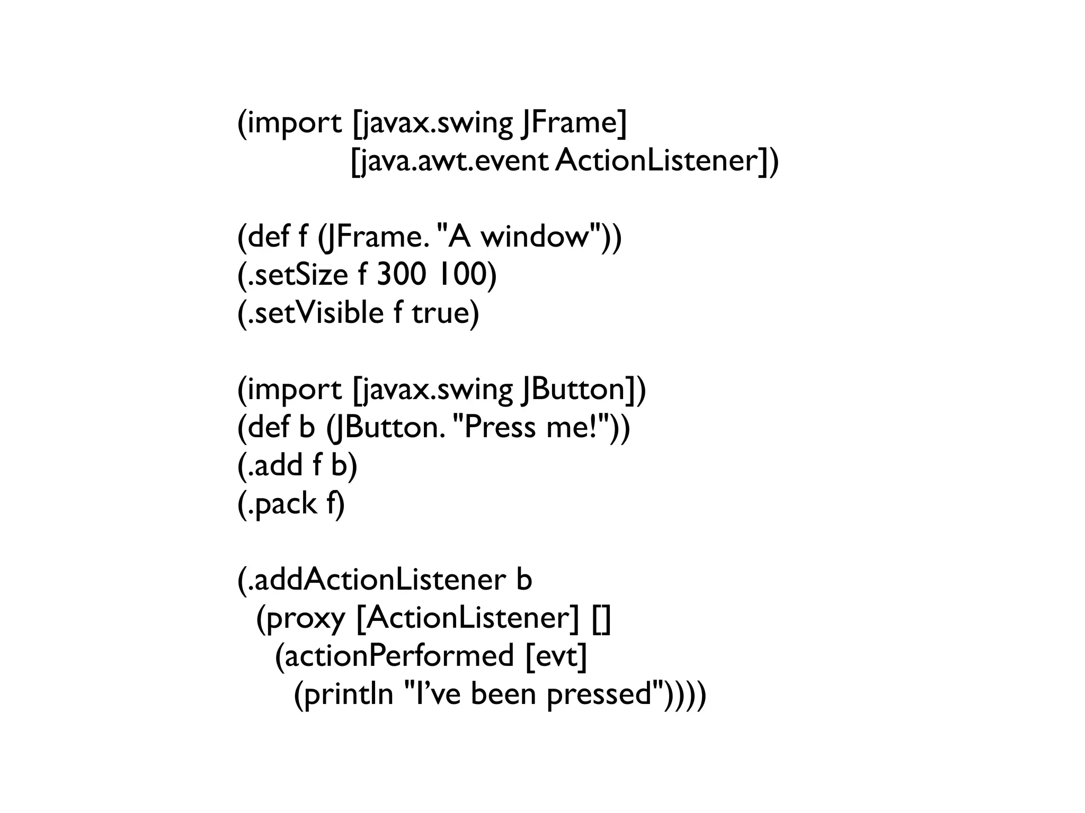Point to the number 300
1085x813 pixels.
pos(401,274)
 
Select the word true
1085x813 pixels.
pos(445,313)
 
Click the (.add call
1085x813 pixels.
pos(270,466)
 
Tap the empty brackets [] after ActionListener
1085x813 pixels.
pos(601,618)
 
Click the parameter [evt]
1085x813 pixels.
pos(556,656)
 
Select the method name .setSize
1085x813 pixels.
pos(295,274)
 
